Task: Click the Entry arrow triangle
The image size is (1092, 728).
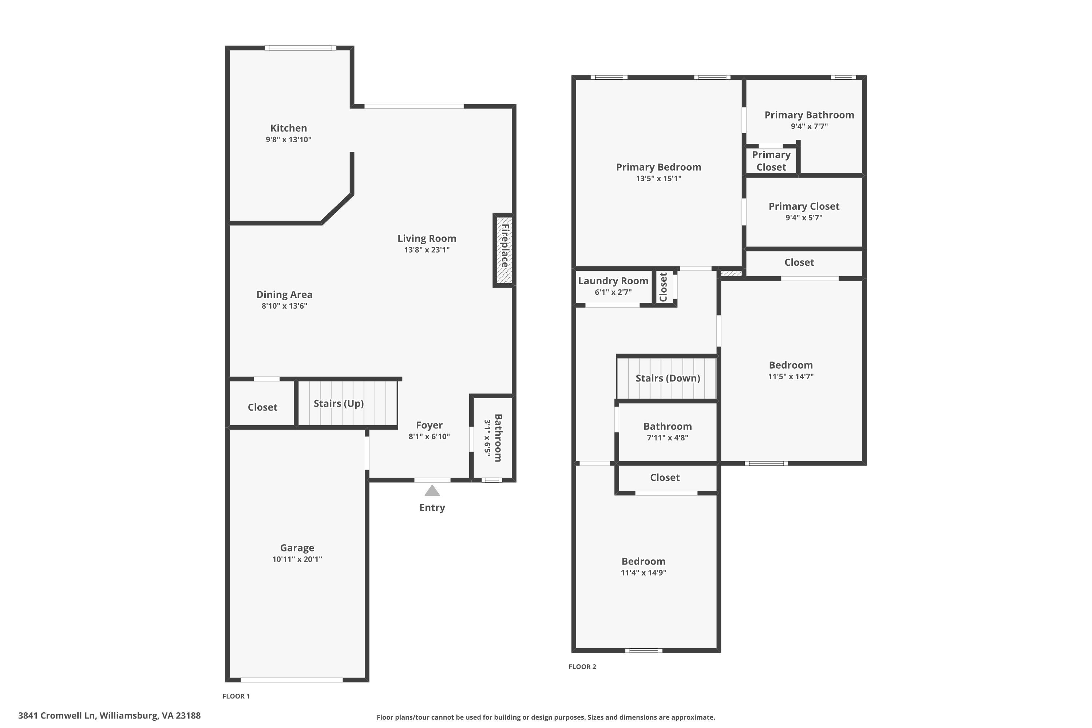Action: (432, 491)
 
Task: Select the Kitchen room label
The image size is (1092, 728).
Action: (289, 128)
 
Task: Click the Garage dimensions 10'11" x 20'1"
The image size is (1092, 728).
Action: (297, 559)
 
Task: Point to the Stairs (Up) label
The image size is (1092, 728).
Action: (339, 403)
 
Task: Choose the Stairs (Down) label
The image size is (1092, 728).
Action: (668, 378)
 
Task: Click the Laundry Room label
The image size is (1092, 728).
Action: (613, 281)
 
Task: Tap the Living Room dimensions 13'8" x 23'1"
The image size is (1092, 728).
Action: (427, 250)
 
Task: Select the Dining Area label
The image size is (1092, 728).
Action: (285, 294)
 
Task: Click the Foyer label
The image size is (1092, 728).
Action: (430, 425)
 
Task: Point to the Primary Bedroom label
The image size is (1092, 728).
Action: (659, 167)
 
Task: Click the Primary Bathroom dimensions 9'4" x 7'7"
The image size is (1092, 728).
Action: (809, 126)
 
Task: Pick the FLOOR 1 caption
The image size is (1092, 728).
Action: (236, 696)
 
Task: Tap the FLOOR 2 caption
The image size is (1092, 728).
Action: (582, 667)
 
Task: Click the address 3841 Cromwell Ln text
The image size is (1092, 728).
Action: (57, 716)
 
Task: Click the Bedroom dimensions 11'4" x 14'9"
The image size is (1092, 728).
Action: (644, 573)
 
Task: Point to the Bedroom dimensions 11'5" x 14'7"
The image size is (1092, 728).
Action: (791, 376)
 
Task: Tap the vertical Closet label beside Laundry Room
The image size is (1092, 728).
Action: (663, 287)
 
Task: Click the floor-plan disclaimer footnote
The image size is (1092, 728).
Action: (546, 717)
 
